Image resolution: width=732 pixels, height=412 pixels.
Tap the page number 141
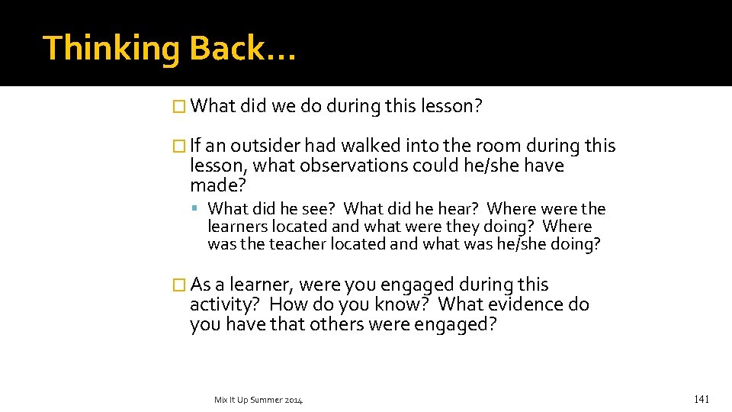pyautogui.click(x=701, y=399)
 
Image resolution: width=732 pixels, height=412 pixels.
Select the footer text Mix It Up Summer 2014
pyautogui.click(x=258, y=400)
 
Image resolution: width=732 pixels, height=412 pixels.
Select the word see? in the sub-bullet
pyautogui.click(x=319, y=208)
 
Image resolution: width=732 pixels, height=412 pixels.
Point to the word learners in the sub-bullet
pyautogui.click(x=237, y=227)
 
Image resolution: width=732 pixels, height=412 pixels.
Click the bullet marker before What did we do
pyautogui.click(x=180, y=107)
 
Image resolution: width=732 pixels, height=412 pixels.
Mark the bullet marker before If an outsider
pyautogui.click(x=180, y=146)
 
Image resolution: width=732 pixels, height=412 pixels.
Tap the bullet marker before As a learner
pyautogui.click(x=180, y=285)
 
